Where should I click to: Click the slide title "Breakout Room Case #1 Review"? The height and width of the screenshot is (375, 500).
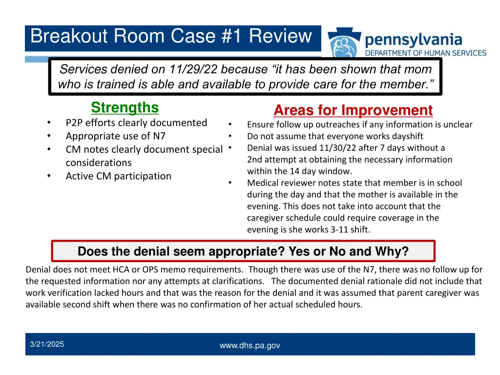tap(171, 37)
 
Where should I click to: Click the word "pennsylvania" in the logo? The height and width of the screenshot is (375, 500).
tap(413, 39)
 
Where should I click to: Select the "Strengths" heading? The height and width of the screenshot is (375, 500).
tap(125, 107)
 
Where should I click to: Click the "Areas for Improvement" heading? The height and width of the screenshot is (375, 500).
tap(353, 110)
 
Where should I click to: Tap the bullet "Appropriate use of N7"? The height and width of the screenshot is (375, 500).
tap(115, 136)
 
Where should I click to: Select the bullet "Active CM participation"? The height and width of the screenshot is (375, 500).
tap(118, 176)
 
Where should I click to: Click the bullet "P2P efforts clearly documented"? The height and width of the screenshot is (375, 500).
tap(136, 123)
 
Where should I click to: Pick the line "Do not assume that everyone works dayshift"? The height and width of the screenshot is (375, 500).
tap(335, 136)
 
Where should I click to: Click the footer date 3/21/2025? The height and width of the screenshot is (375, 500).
tap(47, 345)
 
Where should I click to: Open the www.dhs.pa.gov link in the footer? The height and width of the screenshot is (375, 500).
tap(250, 346)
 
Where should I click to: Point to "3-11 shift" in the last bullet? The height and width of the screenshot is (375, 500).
tap(350, 229)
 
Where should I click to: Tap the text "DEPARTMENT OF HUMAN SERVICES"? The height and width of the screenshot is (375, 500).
tap(426, 53)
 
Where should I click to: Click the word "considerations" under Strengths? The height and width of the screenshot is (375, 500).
tap(99, 163)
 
